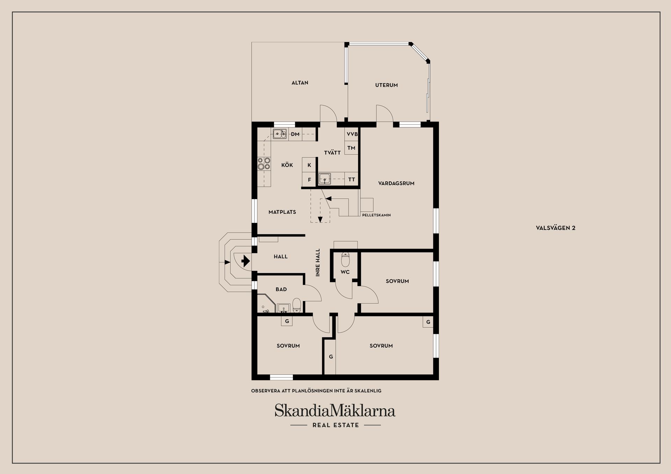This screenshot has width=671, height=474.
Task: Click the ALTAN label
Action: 300,83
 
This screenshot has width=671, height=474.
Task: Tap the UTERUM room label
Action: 387,85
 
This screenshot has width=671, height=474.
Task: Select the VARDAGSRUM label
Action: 396,183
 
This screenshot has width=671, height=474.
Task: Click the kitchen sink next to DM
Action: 280,134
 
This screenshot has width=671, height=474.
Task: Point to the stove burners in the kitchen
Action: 264,163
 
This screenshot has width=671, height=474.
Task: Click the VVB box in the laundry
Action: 352,134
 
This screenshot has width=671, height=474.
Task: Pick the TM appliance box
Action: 352,148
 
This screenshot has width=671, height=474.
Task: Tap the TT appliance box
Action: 352,180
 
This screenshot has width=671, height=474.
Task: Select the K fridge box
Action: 309,165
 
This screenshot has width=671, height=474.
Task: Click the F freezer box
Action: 309,180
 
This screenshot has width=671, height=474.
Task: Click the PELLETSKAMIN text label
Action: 376,215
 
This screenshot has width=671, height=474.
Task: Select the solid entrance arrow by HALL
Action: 246,261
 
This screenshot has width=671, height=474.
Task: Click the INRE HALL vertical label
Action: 318,263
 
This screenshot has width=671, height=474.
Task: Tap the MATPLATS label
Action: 282,212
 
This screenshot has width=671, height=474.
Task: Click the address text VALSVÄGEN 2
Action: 556,228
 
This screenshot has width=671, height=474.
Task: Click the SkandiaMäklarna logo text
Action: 335,411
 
